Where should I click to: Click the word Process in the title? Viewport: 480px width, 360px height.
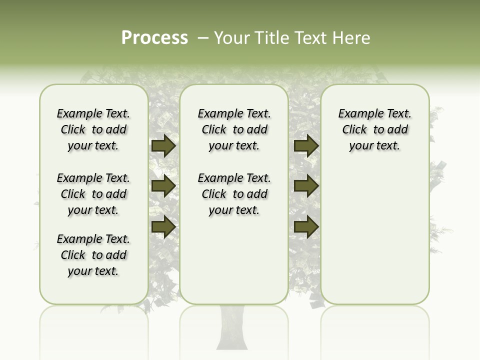[x=154, y=38]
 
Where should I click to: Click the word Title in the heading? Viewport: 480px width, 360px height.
[x=270, y=38]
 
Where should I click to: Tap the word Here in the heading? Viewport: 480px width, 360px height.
[x=352, y=38]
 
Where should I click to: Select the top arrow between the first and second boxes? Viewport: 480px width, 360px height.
[x=163, y=145]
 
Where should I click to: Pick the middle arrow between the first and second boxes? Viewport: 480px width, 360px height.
[x=163, y=186]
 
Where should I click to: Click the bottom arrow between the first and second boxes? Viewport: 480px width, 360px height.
[x=163, y=226]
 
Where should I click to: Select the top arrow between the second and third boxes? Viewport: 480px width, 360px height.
[x=306, y=145]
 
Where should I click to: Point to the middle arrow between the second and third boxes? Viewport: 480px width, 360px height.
[x=306, y=186]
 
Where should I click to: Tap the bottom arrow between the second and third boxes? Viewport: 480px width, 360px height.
[x=306, y=226]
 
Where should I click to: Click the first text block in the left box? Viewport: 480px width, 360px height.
[x=93, y=129]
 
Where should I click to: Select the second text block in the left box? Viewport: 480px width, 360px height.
[x=93, y=194]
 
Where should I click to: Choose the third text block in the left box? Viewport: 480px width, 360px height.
[x=93, y=255]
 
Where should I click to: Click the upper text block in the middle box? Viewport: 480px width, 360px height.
[x=234, y=129]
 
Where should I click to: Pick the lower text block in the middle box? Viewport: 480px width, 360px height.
[x=234, y=194]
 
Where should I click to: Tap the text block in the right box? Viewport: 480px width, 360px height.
[x=375, y=129]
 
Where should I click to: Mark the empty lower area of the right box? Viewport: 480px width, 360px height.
[x=375, y=235]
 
